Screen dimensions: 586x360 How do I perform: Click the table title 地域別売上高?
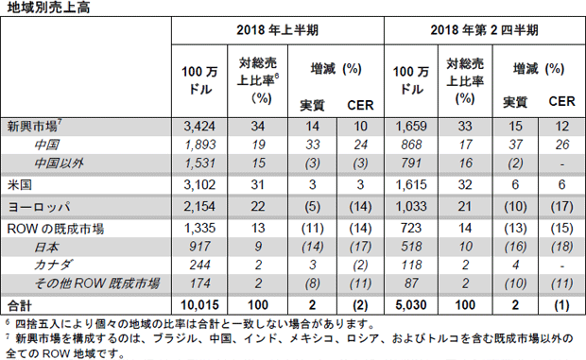[x=48, y=8]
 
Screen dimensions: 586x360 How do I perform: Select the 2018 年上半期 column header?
[x=277, y=30]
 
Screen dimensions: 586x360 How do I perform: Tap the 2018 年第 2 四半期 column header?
[x=484, y=30]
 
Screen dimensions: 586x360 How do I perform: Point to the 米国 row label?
[x=20, y=185]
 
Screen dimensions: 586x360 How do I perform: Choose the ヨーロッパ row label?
[x=39, y=207]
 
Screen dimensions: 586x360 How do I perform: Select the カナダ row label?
[x=53, y=265]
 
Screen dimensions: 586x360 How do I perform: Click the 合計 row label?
[x=20, y=306]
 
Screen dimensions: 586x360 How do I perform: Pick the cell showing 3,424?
[x=199, y=127]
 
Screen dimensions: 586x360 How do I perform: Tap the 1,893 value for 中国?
[x=200, y=145]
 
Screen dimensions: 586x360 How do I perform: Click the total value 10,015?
[x=199, y=305]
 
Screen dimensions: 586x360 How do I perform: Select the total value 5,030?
[x=411, y=305]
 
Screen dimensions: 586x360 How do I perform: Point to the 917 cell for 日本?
[x=200, y=247]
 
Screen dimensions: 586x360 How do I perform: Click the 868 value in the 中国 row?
[x=411, y=145]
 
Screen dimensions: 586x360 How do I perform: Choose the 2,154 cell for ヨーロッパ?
[x=199, y=207]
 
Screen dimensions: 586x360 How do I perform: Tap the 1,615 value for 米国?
[x=411, y=185]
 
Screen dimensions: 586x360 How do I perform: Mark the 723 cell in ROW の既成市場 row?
[x=411, y=228]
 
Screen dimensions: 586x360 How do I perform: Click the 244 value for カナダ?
[x=200, y=265]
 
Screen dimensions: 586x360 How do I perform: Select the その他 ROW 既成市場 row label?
[x=97, y=283]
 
